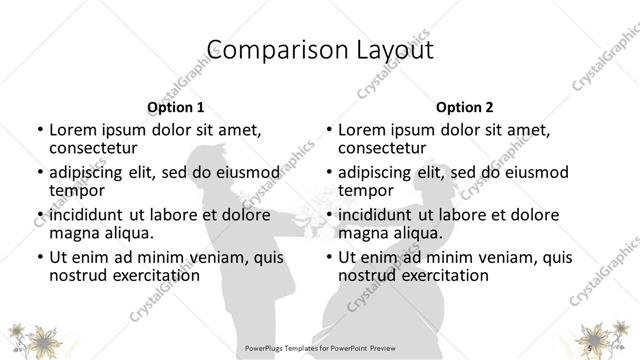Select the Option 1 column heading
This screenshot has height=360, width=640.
click(x=176, y=107)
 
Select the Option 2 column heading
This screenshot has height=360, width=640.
click(x=465, y=107)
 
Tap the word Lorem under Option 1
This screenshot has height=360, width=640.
click(x=73, y=130)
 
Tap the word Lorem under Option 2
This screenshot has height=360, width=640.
click(x=363, y=130)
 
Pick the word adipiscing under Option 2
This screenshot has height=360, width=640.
click(x=377, y=172)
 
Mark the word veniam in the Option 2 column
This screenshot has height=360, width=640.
click(x=492, y=257)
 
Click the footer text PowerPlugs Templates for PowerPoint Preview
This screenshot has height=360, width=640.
click(x=320, y=349)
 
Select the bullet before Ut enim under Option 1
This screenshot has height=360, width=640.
click(x=40, y=257)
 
